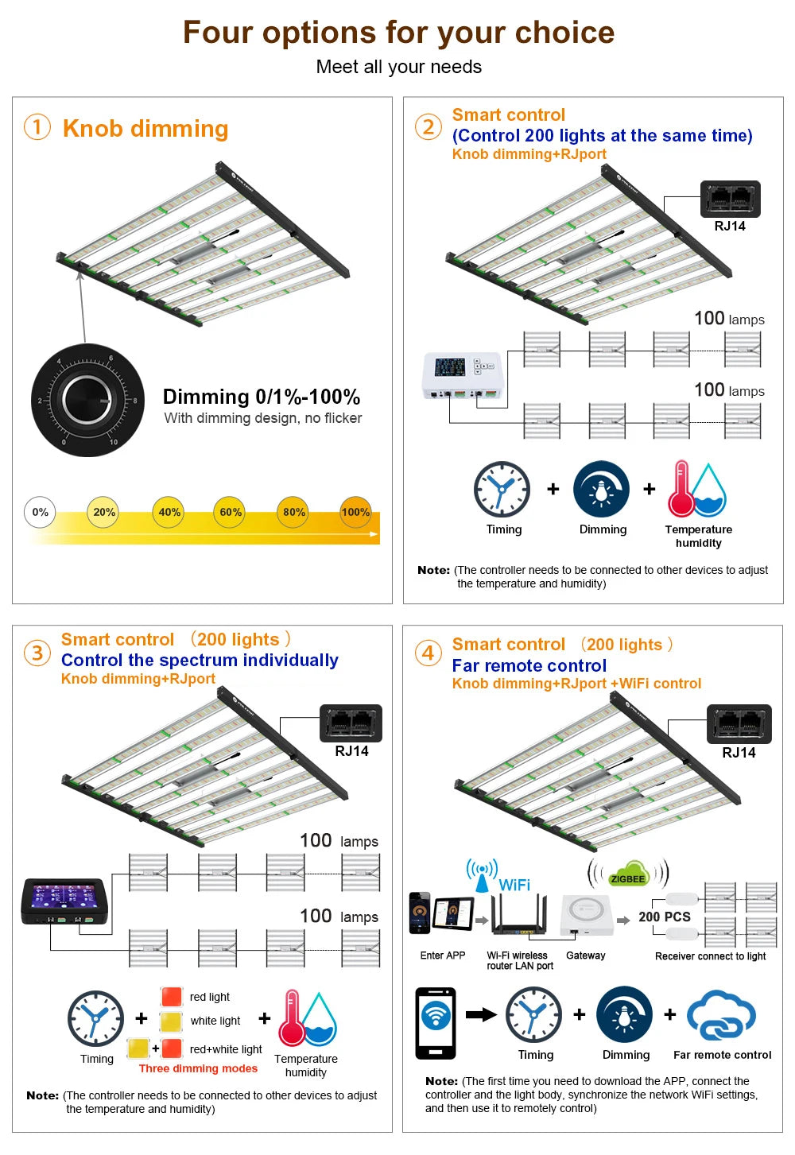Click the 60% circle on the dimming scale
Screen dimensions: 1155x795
point(231,513)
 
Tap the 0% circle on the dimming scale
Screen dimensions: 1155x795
point(41,513)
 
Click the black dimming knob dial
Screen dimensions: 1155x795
point(87,400)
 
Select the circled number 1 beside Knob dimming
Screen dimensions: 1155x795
point(37,127)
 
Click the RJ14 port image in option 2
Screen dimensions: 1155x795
point(730,199)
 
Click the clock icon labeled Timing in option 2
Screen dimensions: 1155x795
point(502,489)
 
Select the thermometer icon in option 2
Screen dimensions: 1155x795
point(681,488)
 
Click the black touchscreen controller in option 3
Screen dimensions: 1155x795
point(64,901)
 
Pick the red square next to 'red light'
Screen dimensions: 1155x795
point(172,997)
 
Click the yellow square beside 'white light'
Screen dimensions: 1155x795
point(172,1021)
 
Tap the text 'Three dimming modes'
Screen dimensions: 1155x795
point(198,1069)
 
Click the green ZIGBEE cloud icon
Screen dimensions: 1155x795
point(628,874)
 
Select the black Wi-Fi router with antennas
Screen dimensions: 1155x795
point(519,916)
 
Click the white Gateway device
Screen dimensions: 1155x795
point(587,915)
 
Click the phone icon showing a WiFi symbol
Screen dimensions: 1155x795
point(436,1023)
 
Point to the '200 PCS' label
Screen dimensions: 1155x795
point(665,917)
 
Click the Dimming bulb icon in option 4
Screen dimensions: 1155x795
point(625,1014)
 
